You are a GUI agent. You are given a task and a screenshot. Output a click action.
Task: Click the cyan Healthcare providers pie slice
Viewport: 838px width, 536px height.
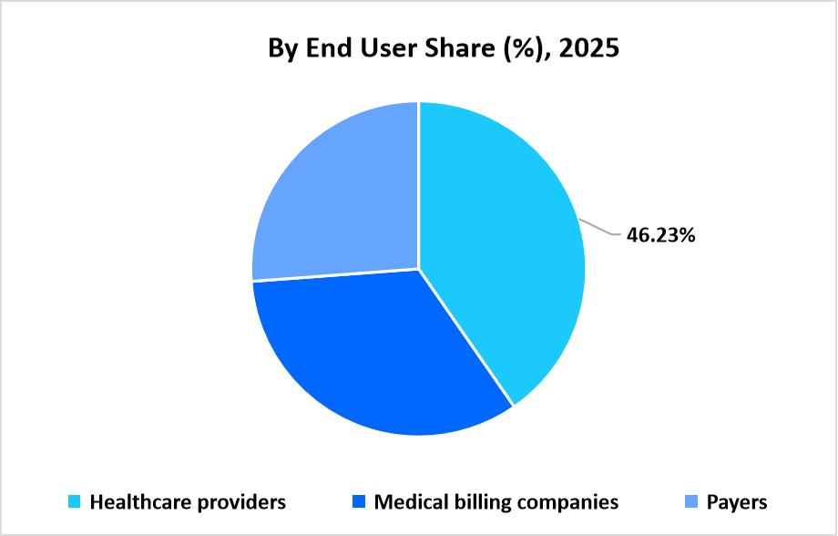point(501,246)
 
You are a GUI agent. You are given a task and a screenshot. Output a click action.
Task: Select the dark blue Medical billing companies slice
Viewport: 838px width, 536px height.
point(364,356)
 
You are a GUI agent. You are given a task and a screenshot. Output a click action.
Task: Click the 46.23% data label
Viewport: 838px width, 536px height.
point(660,235)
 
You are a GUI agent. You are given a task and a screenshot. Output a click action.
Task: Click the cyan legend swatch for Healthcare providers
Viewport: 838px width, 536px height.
point(76,502)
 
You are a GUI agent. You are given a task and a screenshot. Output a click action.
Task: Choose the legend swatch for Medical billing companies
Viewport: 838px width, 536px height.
point(360,502)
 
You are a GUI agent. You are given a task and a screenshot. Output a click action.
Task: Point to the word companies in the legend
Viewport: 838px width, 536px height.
point(570,502)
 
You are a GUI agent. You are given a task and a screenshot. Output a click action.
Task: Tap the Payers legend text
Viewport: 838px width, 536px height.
point(737,502)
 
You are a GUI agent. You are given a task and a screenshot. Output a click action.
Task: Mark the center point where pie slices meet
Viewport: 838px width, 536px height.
point(418,269)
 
